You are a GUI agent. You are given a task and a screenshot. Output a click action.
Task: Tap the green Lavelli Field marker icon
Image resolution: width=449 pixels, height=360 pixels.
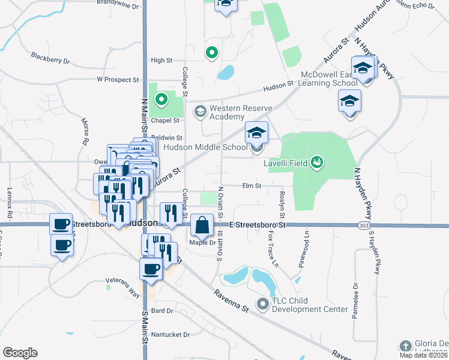(317, 162)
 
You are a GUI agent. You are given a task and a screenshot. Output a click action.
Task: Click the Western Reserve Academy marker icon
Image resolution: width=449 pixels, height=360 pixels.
(200, 112)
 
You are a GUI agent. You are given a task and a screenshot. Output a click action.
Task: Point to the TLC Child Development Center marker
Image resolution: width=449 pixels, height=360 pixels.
(262, 305)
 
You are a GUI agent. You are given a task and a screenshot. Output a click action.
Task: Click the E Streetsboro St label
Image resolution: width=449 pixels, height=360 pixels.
(258, 224)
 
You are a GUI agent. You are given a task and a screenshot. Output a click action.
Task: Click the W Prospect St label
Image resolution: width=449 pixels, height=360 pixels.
(118, 79)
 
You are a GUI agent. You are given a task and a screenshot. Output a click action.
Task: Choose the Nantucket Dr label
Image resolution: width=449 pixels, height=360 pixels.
(170, 334)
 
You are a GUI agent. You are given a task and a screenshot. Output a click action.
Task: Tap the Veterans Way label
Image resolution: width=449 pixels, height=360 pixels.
(122, 280)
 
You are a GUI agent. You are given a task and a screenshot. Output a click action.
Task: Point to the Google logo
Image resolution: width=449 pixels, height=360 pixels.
(20, 353)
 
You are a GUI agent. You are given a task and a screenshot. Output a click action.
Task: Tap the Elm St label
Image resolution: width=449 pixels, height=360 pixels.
(251, 186)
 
